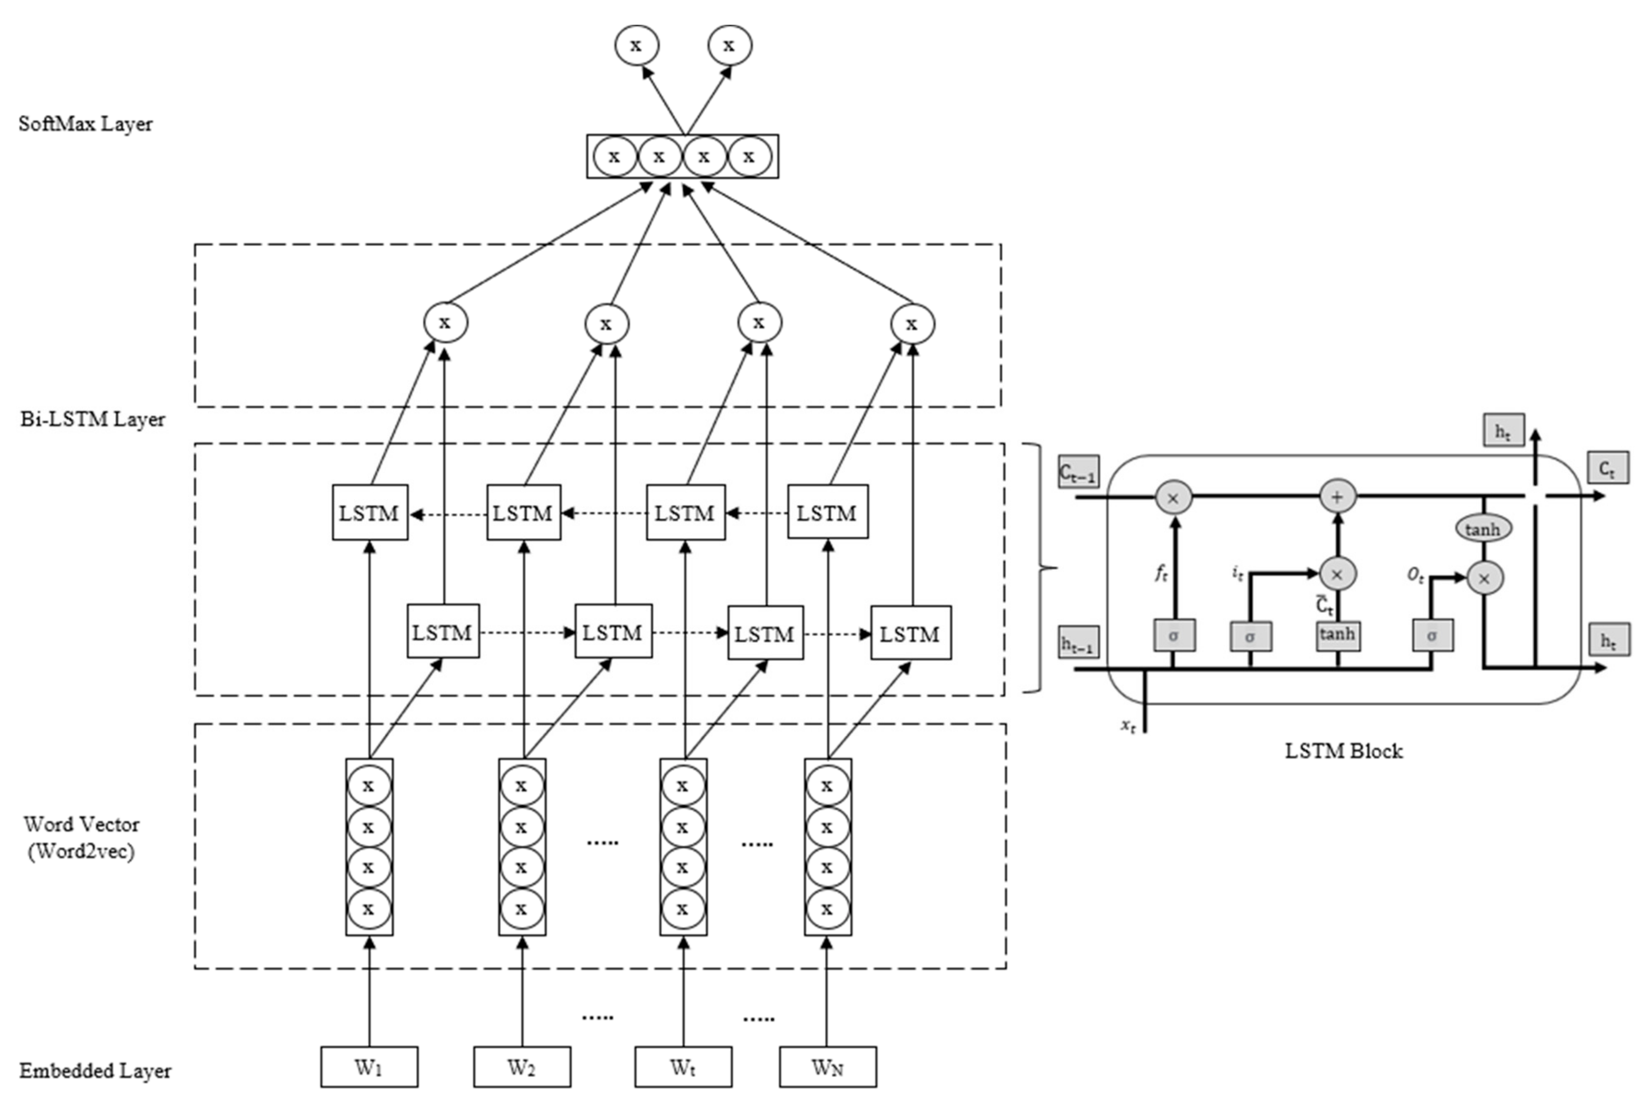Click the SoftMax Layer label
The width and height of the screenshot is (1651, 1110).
86,124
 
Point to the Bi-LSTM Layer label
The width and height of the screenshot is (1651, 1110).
93,419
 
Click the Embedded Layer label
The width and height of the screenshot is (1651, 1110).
95,1070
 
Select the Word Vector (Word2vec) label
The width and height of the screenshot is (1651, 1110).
81,837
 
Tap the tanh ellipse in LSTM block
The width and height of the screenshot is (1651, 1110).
1483,529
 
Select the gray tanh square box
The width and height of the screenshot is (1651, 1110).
1338,634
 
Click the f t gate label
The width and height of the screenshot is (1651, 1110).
1161,573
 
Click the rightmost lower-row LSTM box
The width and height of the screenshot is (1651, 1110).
910,633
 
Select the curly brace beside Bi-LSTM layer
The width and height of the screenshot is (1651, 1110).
1040,568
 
